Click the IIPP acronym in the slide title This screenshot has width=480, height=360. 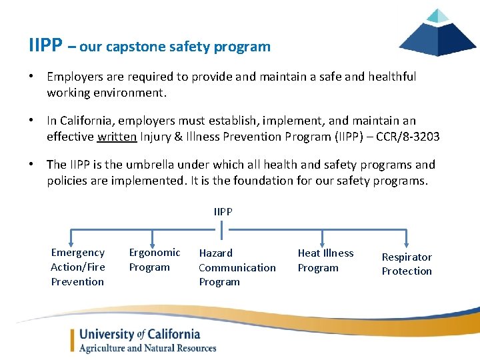[x=46, y=45]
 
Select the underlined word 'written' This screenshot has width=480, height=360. [x=117, y=136]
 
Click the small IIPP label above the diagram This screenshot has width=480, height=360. [x=223, y=211]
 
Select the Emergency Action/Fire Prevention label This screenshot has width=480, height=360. [x=77, y=267]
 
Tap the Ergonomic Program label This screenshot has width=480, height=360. [x=154, y=259]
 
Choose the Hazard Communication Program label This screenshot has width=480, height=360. [x=237, y=267]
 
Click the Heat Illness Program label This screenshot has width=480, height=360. [x=325, y=260]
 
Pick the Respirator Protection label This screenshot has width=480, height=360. [x=407, y=264]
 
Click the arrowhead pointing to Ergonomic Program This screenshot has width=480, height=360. [x=154, y=243]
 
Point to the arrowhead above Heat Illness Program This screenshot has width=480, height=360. [x=323, y=243]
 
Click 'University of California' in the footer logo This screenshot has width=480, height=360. [x=139, y=334]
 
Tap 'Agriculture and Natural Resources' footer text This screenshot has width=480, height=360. [x=147, y=348]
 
